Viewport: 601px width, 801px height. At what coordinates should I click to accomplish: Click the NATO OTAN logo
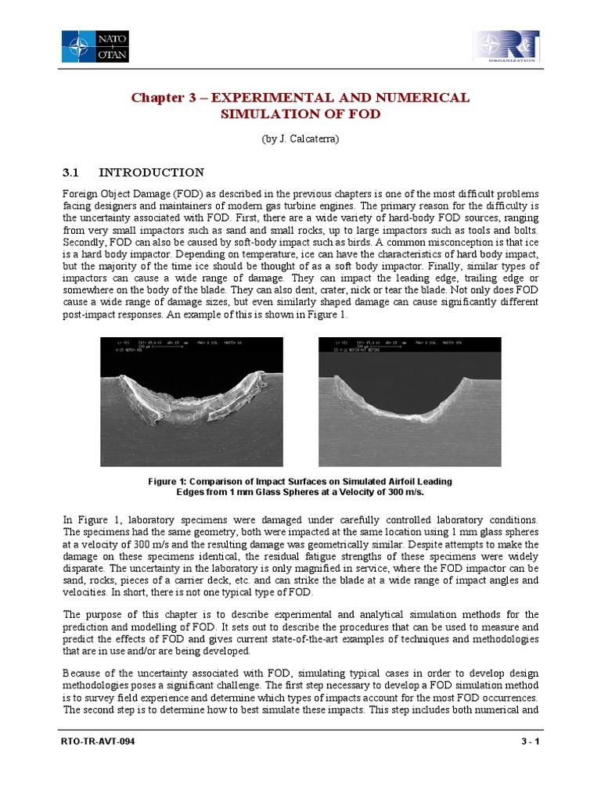click(x=95, y=46)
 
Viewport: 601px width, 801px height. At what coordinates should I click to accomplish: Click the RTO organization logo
click(x=506, y=46)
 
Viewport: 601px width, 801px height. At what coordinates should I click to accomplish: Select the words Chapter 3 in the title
click(x=162, y=98)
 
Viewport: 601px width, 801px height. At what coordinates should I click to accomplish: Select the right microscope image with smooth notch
click(x=409, y=401)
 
